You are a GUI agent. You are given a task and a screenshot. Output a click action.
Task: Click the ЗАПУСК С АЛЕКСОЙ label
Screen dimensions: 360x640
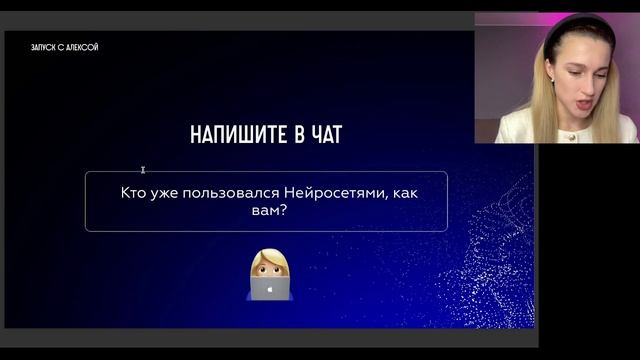(x=65, y=47)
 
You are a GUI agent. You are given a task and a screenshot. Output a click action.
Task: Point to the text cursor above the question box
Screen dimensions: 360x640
(x=144, y=171)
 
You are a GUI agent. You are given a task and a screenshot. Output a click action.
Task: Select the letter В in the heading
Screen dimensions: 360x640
(x=284, y=135)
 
